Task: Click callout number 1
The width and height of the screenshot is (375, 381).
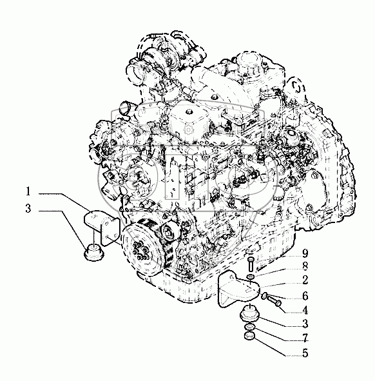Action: [28, 191]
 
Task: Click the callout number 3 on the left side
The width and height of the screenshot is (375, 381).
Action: [28, 208]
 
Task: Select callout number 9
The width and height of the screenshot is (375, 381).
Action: [305, 253]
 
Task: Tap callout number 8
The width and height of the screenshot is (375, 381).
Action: [305, 266]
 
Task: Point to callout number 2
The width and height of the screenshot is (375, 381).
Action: [305, 280]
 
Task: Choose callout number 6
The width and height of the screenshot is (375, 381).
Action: [305, 296]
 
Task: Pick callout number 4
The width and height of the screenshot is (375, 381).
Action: [305, 310]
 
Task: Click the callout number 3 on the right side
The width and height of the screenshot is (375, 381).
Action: [305, 324]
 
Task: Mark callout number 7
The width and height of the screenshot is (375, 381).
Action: [305, 338]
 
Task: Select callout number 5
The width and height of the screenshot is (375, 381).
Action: [305, 353]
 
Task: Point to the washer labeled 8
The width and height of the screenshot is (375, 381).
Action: [251, 277]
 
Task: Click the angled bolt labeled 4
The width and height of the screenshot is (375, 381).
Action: [274, 300]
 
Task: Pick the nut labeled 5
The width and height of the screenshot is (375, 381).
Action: [249, 337]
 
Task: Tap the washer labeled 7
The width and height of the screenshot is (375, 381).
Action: [250, 327]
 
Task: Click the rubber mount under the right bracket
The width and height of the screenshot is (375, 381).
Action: [249, 313]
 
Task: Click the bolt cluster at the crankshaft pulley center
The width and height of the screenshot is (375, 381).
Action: [139, 249]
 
